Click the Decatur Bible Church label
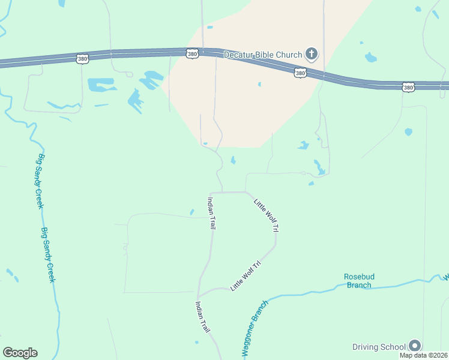263,55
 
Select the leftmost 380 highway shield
83,58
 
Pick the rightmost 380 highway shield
408,87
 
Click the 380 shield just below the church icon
301,73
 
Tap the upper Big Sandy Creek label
41,182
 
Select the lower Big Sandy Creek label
49,255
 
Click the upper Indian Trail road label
211,214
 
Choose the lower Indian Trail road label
202,317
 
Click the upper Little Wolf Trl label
267,215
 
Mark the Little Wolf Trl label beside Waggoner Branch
246,276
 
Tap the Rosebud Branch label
359,280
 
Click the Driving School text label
379,347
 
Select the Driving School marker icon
415,345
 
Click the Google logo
20,353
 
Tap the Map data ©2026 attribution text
424,355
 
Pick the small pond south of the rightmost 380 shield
408,131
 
